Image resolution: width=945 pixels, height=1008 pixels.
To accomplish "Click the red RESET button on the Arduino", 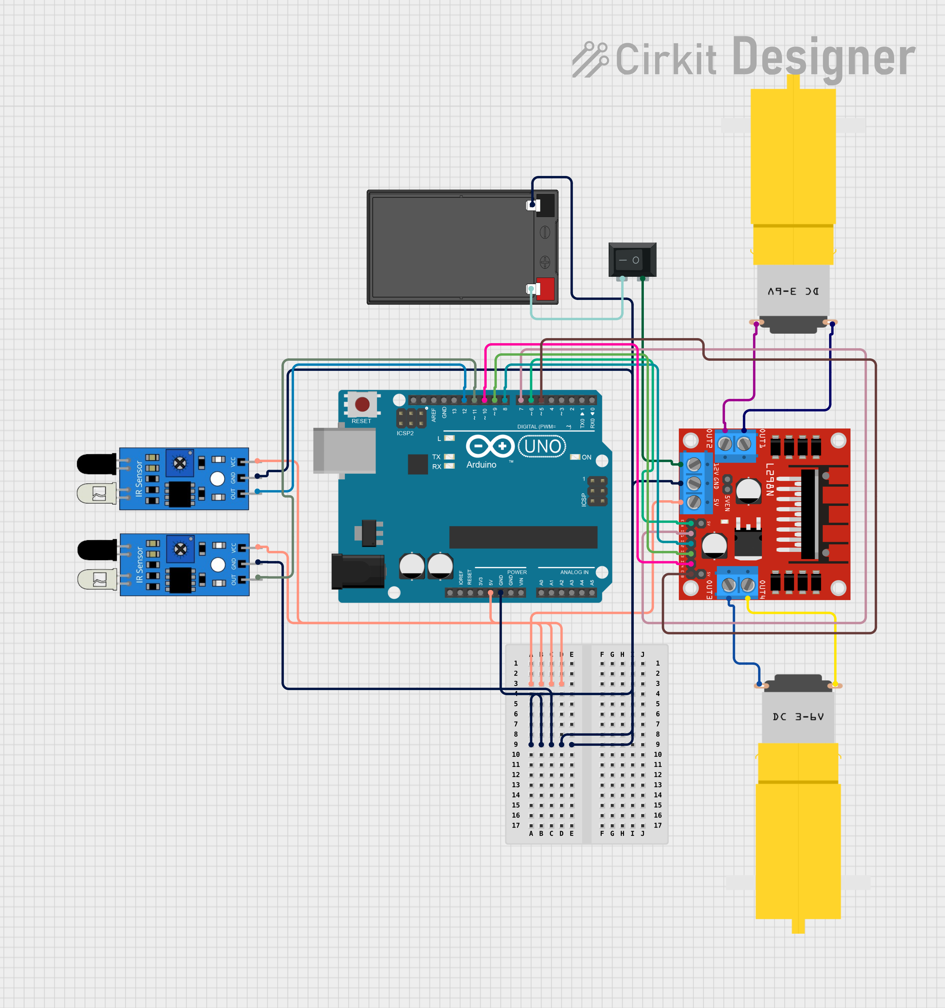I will tap(362, 404).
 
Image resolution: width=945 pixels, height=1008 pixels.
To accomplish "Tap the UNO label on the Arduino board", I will tap(542, 446).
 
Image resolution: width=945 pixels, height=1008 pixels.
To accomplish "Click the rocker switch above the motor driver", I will tap(632, 260).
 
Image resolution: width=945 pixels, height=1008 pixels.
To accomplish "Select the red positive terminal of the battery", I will tap(545, 288).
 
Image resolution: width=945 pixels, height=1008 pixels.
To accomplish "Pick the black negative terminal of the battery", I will tap(545, 205).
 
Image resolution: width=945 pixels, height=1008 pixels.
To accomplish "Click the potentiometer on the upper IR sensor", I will tap(180, 463).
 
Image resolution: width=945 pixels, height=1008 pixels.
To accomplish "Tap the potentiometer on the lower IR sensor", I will tap(180, 549).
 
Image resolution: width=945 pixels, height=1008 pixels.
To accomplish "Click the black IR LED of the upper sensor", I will tap(96, 464).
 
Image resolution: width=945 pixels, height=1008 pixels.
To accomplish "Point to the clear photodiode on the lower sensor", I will tap(97, 579).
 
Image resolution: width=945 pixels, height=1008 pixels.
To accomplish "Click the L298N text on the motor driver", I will tap(770, 479).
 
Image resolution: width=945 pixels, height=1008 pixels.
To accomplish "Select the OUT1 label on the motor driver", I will tap(762, 439).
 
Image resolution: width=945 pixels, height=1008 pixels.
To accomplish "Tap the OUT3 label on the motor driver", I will tap(709, 590).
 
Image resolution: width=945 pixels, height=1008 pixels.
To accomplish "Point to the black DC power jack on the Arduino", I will tap(358, 571).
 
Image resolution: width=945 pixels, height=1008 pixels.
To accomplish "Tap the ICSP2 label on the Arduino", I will tap(405, 433).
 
